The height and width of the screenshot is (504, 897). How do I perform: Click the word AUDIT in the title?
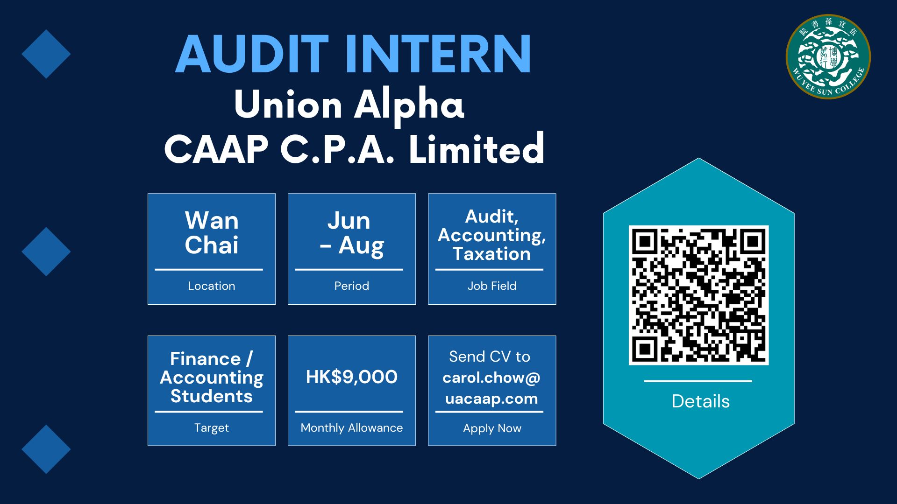pos(252,54)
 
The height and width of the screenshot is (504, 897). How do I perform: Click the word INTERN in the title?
pos(438,54)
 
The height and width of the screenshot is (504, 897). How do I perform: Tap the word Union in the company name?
pos(288,105)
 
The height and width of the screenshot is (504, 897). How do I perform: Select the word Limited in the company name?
pos(477,148)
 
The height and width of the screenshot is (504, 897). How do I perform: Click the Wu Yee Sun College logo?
pos(828,56)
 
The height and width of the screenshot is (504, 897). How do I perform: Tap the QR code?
pos(698,295)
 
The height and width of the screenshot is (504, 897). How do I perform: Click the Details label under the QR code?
pos(700,401)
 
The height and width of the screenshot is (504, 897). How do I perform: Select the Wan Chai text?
pos(212,232)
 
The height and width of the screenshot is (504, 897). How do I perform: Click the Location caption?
pos(212,286)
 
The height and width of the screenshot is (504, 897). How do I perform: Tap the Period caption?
pos(352,286)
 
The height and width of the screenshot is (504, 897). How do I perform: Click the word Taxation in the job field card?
pos(492,254)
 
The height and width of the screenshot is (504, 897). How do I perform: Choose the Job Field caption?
pos(492,286)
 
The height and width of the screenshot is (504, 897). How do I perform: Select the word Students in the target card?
pos(212,396)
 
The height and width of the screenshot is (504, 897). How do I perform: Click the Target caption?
pos(212,428)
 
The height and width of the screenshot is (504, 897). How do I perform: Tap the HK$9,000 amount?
pos(352,377)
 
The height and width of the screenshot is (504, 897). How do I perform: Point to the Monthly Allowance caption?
pos(352,428)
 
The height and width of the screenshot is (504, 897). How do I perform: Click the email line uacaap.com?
pos(491,399)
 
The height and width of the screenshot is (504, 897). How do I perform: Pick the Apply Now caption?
pos(492,428)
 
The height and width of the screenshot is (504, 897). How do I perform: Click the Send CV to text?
pos(490,357)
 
